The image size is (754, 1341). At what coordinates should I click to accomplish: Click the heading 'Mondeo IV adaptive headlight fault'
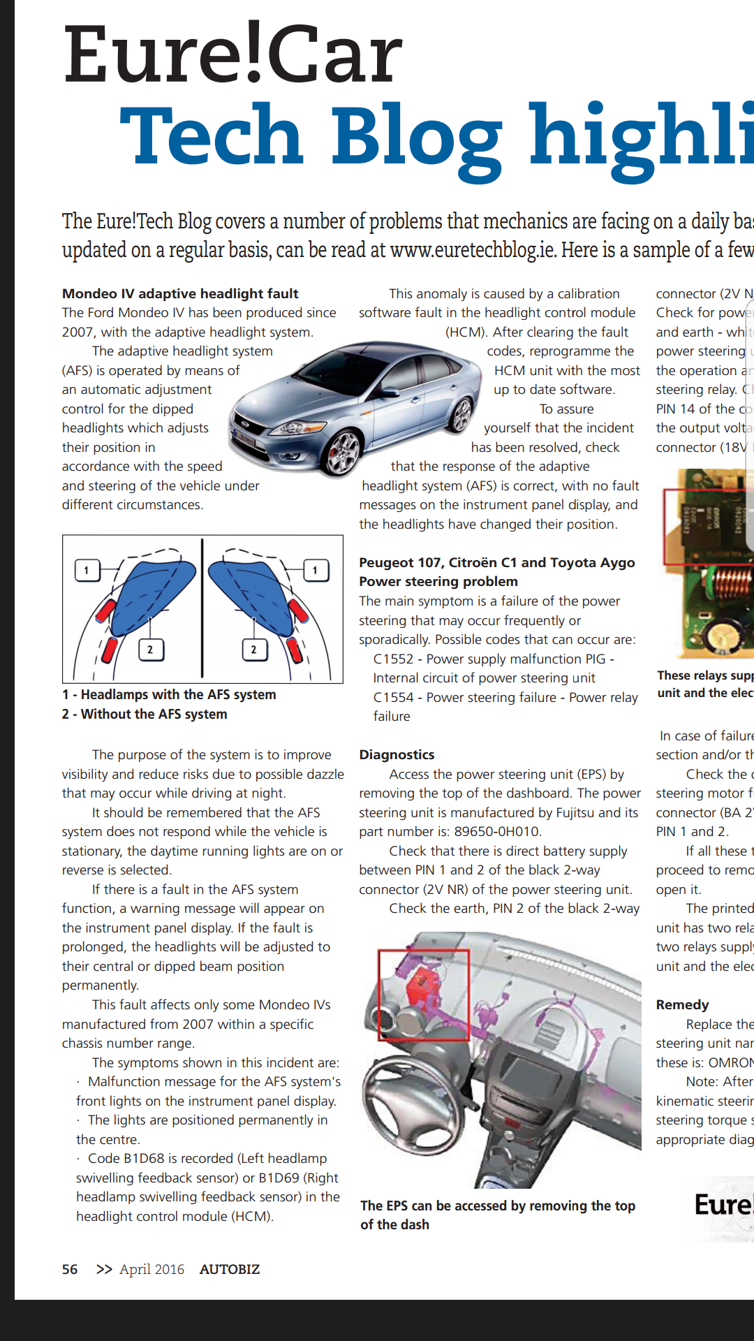coord(180,293)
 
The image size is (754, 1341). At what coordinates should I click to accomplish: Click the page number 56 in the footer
coord(70,1269)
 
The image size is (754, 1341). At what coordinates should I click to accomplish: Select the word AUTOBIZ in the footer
coord(230,1269)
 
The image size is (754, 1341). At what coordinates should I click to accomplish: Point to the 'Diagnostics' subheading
coord(397,754)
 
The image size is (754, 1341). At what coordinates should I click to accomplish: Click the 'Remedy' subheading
coord(682,1004)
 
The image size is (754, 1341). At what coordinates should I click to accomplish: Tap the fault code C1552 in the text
coord(393,659)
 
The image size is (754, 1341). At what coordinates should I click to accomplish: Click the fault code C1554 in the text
coord(393,697)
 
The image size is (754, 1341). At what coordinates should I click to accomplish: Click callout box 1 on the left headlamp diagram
coord(87,570)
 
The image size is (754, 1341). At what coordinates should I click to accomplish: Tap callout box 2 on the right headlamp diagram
coord(253,650)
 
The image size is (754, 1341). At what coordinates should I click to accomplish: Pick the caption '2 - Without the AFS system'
coord(145,714)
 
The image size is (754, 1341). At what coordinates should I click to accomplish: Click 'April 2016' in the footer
coord(151,1269)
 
